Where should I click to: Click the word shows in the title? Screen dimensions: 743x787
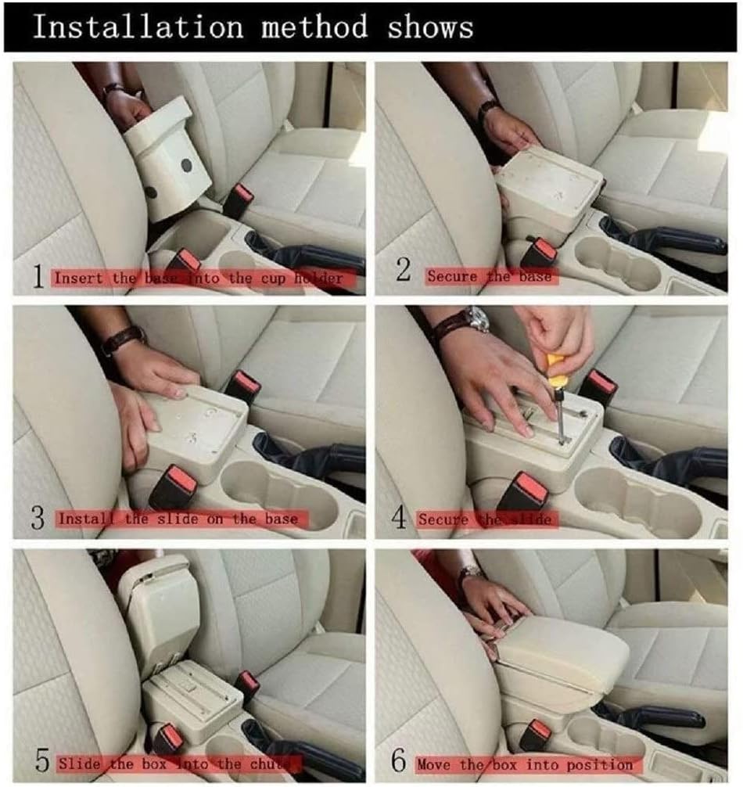pos(430,27)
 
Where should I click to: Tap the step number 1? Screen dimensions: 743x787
pos(38,277)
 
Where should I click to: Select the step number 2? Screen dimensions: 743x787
pos(404,270)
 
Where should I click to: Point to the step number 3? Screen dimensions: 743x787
pos(38,517)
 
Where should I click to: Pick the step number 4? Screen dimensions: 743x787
pos(399,517)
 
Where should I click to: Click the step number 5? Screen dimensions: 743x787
pos(43,761)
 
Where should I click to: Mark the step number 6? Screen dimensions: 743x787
pos(399,761)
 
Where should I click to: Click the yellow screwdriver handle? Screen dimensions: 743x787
pos(555,370)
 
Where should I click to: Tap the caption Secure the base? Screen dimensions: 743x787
pos(490,276)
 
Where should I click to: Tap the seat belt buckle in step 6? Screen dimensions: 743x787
pos(536,734)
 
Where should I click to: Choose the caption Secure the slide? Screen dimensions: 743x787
pos(485,519)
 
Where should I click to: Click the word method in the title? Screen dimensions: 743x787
pos(314,27)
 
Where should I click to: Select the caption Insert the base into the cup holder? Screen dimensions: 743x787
pos(199,278)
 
